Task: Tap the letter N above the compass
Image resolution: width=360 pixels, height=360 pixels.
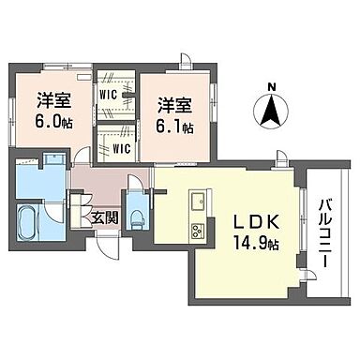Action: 272,90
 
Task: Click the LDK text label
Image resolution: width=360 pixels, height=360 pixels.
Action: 251,226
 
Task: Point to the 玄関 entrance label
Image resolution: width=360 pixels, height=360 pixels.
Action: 104,218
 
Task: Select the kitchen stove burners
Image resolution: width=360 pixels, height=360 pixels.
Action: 199,231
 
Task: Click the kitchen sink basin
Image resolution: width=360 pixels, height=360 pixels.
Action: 199,205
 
